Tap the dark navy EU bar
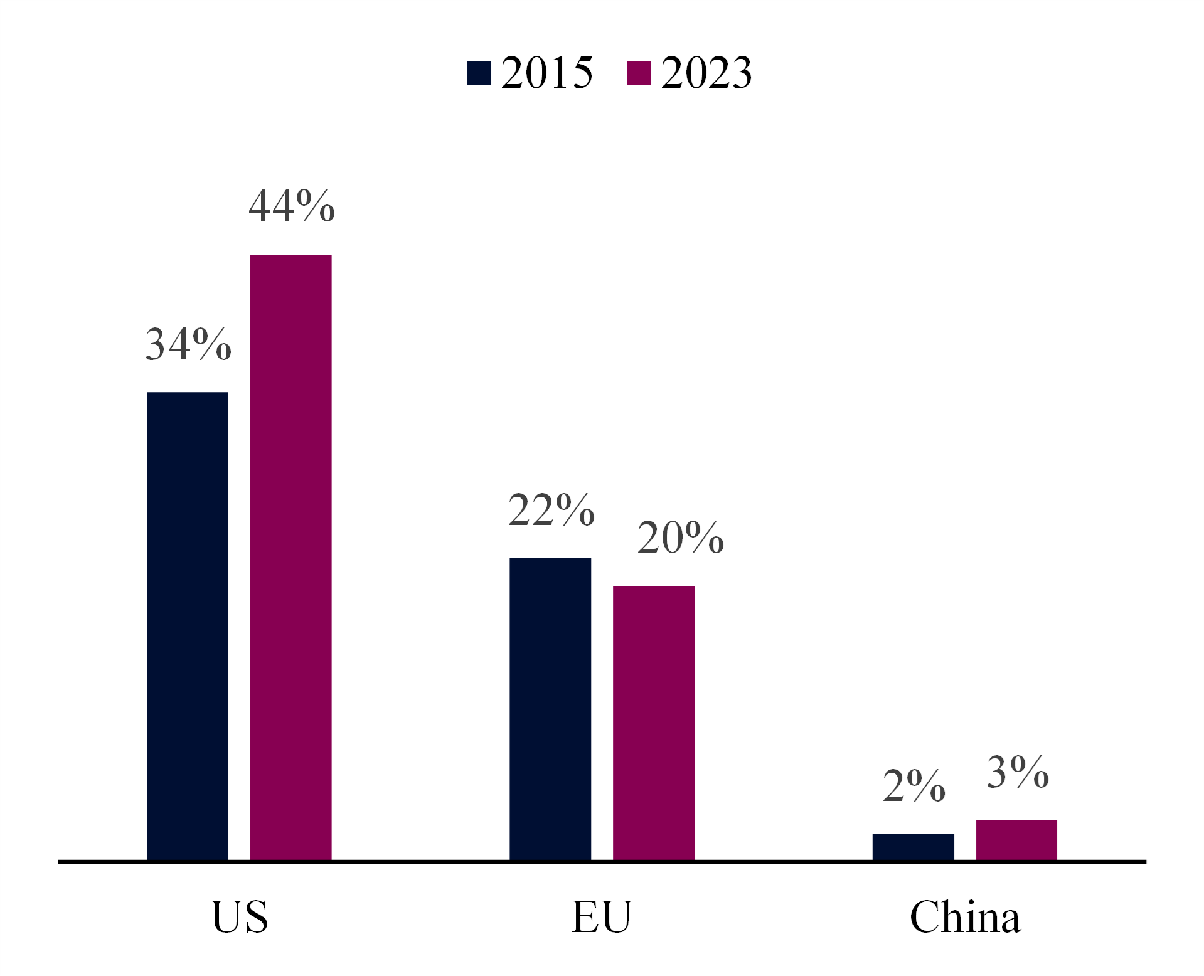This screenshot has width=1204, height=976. (550, 709)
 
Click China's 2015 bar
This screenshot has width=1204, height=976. (913, 847)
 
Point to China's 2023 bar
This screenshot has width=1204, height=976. (1016, 840)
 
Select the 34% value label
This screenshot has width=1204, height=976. (188, 344)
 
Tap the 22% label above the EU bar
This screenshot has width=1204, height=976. (551, 509)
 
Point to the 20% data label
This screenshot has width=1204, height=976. (680, 538)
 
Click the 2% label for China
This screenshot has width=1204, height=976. (914, 785)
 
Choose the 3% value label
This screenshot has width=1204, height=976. (1017, 772)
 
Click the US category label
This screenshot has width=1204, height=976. (240, 917)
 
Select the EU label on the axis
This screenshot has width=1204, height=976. (602, 917)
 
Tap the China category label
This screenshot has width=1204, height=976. (965, 917)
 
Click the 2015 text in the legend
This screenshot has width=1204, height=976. (546, 73)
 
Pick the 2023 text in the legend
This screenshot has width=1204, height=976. (706, 73)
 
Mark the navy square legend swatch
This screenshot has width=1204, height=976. (479, 73)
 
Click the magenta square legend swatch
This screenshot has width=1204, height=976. (639, 73)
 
